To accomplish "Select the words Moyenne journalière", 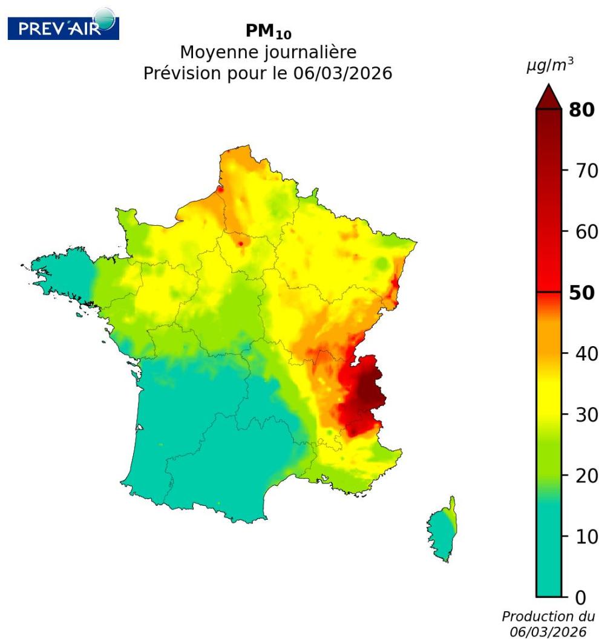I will coord(267,54).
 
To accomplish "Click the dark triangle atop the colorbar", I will coord(549,97).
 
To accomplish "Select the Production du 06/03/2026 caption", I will coord(548,624).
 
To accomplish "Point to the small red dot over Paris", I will coord(241,243).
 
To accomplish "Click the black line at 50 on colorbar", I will coord(549,292).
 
